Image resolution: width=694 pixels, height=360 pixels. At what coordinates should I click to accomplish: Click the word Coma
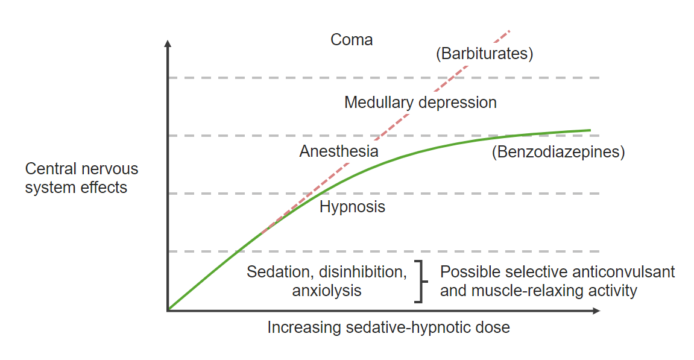(352, 40)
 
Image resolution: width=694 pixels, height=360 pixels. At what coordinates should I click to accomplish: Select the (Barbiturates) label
(484, 54)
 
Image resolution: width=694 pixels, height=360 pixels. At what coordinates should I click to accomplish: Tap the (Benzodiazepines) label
(558, 152)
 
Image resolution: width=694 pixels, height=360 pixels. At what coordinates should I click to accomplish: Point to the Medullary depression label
(420, 103)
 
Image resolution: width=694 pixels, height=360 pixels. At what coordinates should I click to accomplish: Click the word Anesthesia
(338, 151)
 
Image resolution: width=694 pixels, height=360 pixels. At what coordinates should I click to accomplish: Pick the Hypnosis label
(352, 207)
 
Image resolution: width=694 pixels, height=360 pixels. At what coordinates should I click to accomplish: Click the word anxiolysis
(326, 291)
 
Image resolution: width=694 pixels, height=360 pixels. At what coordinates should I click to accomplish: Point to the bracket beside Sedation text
(420, 282)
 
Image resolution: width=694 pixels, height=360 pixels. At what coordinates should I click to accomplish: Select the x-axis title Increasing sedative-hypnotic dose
(388, 328)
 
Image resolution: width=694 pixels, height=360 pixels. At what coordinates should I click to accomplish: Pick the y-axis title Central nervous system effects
(81, 178)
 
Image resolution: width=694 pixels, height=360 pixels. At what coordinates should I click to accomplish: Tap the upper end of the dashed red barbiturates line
(509, 30)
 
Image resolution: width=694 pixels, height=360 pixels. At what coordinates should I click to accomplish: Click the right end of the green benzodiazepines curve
(589, 130)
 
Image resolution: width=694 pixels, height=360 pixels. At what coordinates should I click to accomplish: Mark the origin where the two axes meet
(168, 310)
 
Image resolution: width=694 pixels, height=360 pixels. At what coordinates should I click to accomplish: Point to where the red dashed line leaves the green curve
(262, 232)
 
